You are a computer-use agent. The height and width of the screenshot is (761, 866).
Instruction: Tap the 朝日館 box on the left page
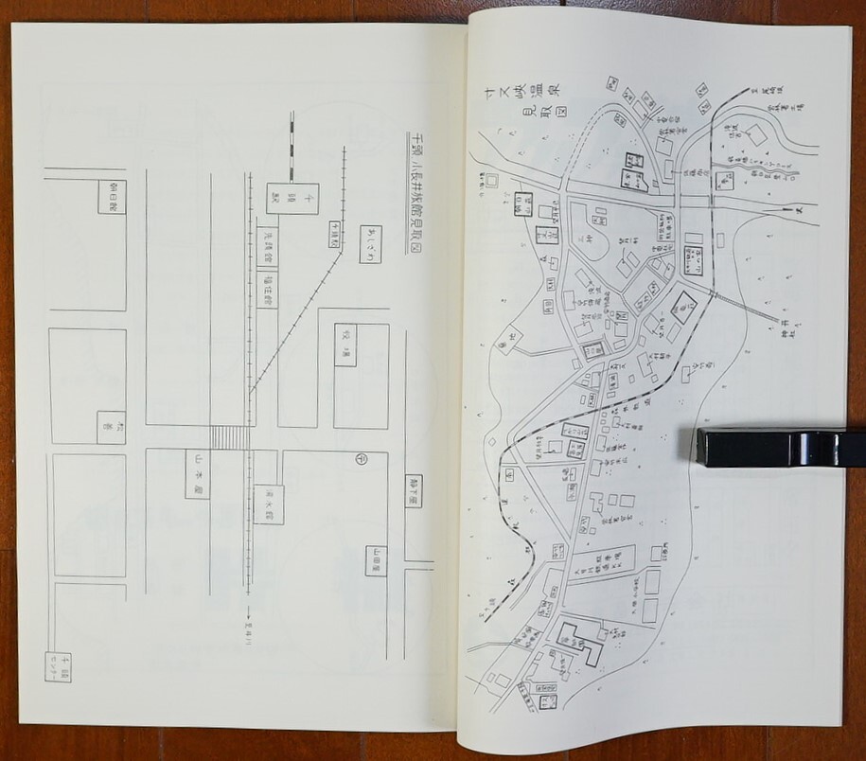click(x=110, y=193)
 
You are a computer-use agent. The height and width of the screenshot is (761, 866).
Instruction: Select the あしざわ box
click(x=369, y=244)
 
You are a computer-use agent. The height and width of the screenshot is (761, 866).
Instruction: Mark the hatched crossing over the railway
click(x=228, y=437)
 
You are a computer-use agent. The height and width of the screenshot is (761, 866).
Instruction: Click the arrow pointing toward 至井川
click(x=248, y=615)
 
